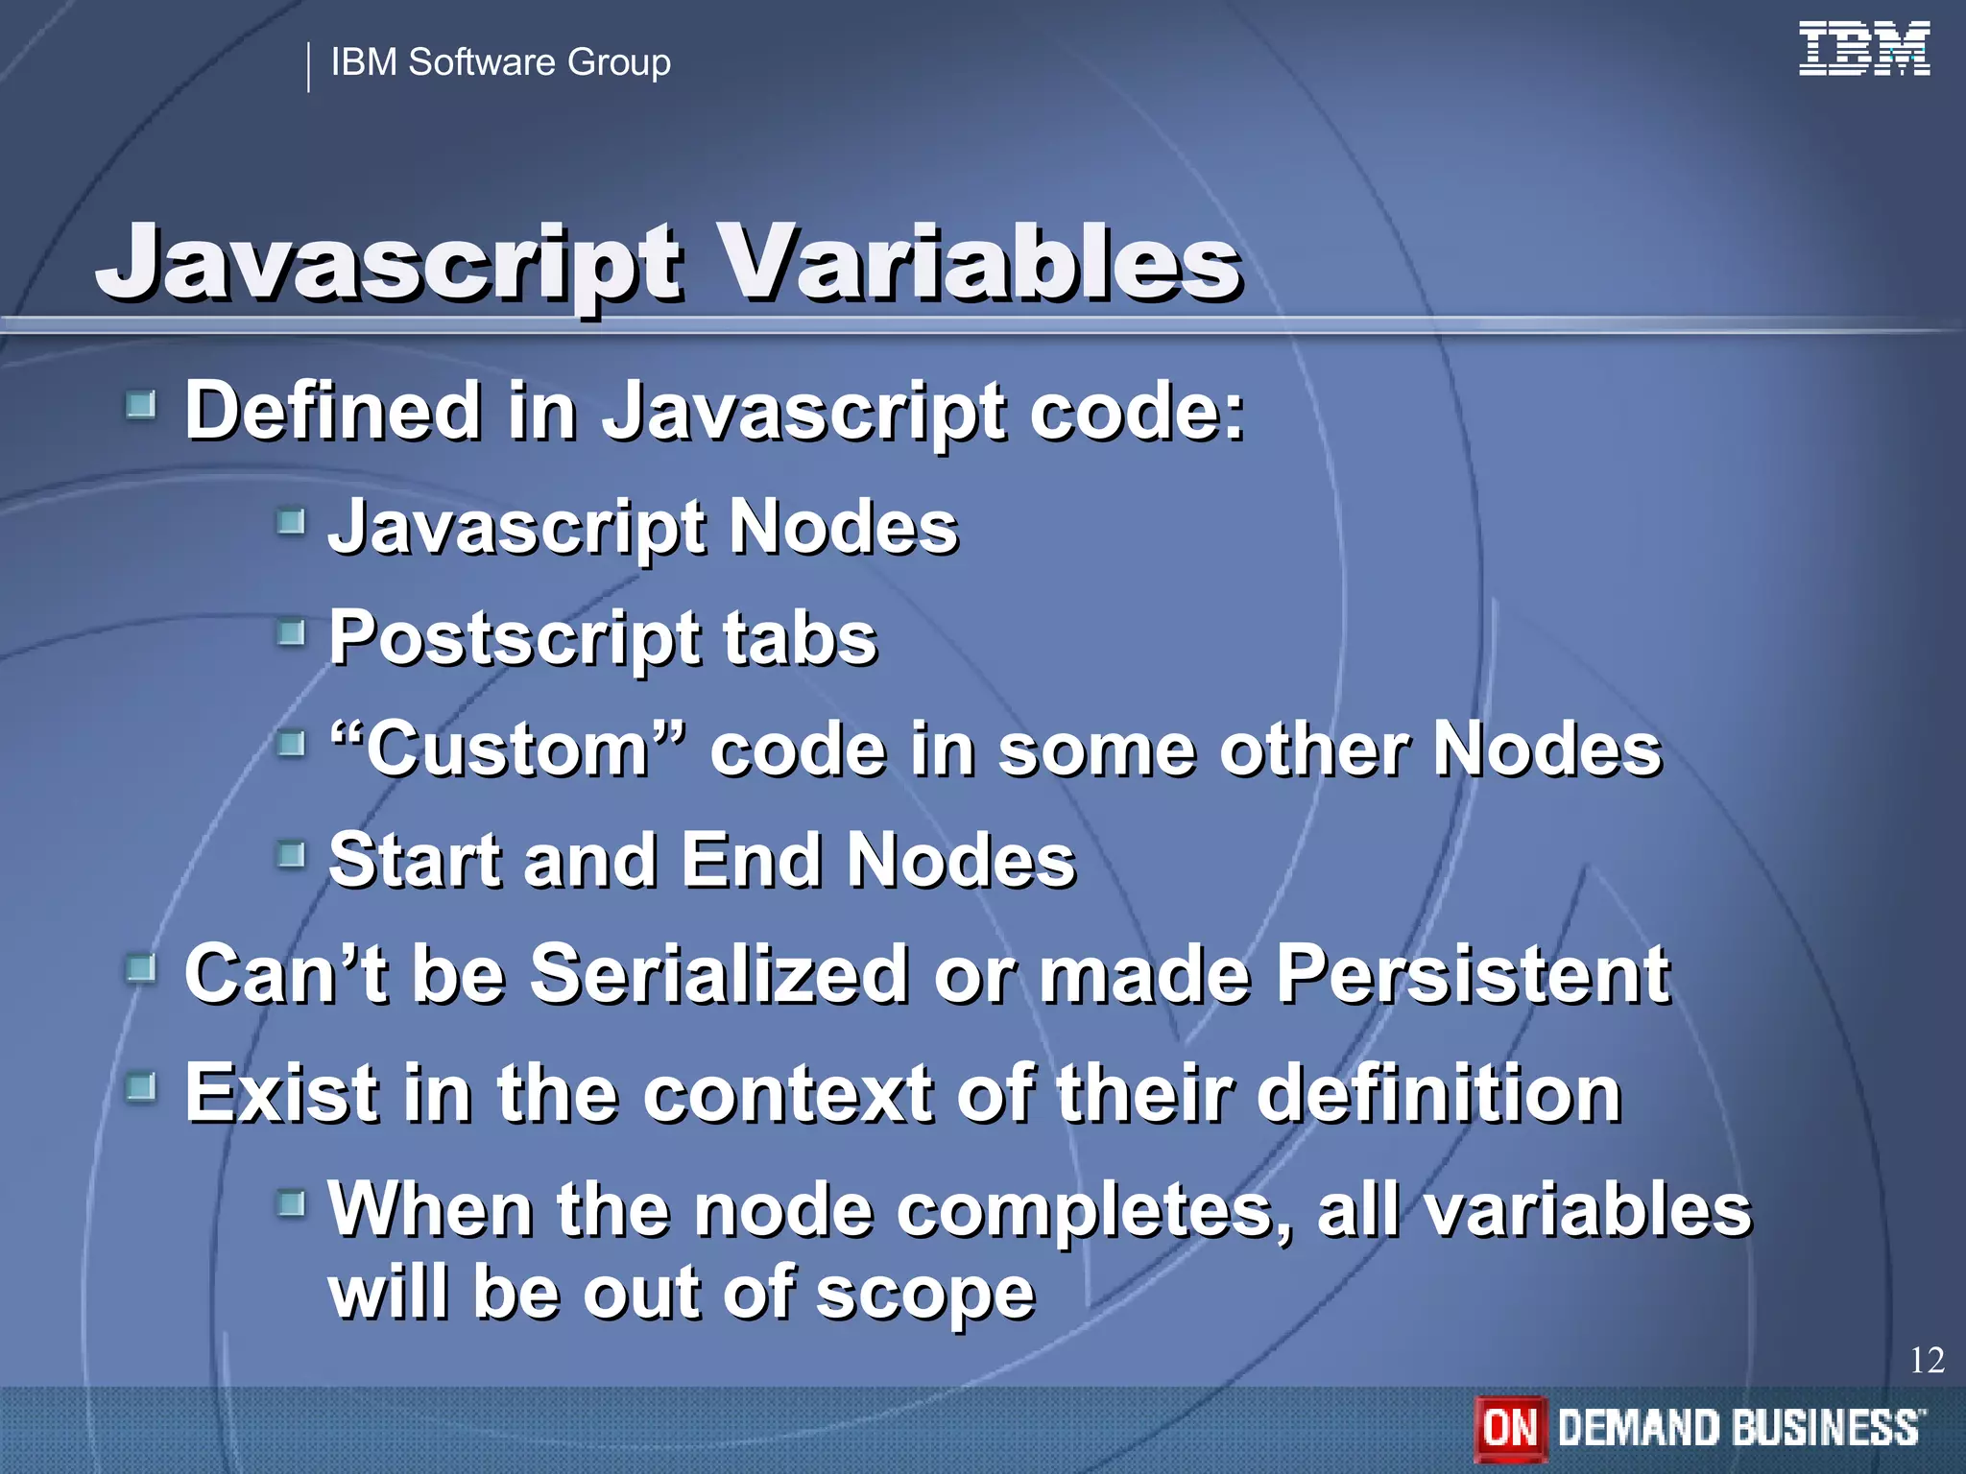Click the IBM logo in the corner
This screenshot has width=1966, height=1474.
pyautogui.click(x=1863, y=49)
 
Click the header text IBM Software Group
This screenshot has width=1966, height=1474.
pyautogui.click(x=500, y=62)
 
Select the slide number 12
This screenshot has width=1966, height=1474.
pyautogui.click(x=1927, y=1360)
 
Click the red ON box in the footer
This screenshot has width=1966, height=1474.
pyautogui.click(x=1510, y=1427)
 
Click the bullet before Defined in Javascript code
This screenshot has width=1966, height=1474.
pyautogui.click(x=141, y=405)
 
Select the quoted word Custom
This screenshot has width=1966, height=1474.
pyautogui.click(x=509, y=749)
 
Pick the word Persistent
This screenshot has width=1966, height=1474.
pyautogui.click(x=1474, y=974)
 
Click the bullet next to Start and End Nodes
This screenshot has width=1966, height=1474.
pyautogui.click(x=291, y=852)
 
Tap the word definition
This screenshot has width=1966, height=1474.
pyautogui.click(x=1439, y=1094)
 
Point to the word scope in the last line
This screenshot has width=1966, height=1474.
pyautogui.click(x=925, y=1294)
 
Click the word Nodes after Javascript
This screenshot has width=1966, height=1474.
pyautogui.click(x=844, y=528)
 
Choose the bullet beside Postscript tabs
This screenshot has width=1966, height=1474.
pyautogui.click(x=291, y=632)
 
